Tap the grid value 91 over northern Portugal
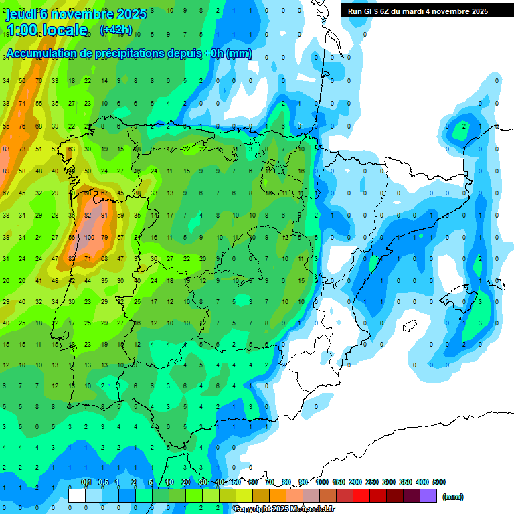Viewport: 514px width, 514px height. [x=104, y=216]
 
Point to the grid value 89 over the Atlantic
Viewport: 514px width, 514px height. [x=6, y=171]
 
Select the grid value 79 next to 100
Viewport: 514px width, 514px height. [x=104, y=238]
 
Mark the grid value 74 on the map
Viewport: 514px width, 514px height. [x=22, y=104]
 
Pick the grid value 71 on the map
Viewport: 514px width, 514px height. [x=88, y=259]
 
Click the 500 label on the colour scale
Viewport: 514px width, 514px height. [x=439, y=482]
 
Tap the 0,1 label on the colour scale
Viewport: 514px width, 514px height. [x=86, y=482]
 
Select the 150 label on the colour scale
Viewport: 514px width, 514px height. [x=338, y=482]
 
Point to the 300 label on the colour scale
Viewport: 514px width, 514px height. [x=388, y=482]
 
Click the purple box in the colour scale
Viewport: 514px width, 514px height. [x=428, y=496]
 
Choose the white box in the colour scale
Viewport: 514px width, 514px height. [x=77, y=496]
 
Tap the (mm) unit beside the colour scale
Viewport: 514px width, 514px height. [x=453, y=497]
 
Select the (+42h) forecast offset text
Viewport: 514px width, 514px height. [x=116, y=30]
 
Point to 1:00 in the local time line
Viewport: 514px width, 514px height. [x=21, y=30]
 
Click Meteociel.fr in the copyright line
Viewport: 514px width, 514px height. [x=313, y=509]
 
